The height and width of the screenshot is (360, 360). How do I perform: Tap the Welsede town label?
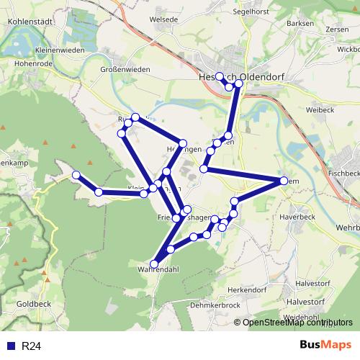click(162, 19)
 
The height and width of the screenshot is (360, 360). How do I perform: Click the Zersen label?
click(337, 30)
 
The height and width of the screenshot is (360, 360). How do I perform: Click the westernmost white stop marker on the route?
click(76, 174)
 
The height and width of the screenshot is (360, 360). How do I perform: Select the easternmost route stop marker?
click(283, 181)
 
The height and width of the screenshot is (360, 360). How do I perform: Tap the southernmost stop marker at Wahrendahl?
click(154, 264)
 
